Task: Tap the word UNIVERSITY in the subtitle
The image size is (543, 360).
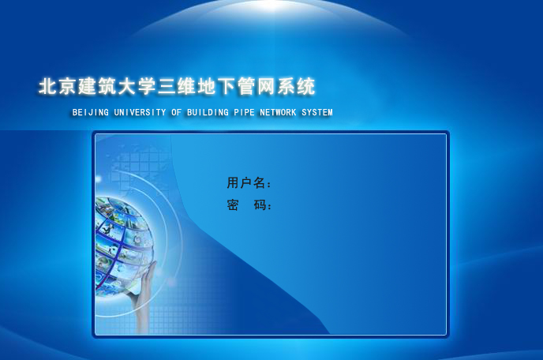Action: click(x=140, y=112)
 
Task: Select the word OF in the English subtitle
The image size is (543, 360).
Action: click(x=176, y=112)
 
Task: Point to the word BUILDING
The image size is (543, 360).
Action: click(x=208, y=112)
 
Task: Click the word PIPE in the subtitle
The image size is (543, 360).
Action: click(x=244, y=112)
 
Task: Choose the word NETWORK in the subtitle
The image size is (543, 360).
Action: click(x=278, y=112)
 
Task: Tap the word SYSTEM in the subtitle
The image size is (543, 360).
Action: click(x=317, y=112)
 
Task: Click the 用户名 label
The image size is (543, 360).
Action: click(x=246, y=182)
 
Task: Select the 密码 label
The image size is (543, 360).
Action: click(x=246, y=204)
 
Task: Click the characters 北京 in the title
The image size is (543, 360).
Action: click(x=57, y=86)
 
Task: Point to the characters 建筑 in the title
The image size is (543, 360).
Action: click(x=97, y=86)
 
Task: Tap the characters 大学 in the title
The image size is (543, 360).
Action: click(x=137, y=86)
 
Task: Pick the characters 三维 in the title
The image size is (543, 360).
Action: click(x=177, y=86)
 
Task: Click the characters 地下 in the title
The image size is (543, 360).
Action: click(x=216, y=86)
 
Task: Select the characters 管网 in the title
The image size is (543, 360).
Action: click(x=257, y=86)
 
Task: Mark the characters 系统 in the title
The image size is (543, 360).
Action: click(x=296, y=86)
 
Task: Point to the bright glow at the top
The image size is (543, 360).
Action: click(x=271, y=6)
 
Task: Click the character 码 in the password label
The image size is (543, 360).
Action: click(x=260, y=204)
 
